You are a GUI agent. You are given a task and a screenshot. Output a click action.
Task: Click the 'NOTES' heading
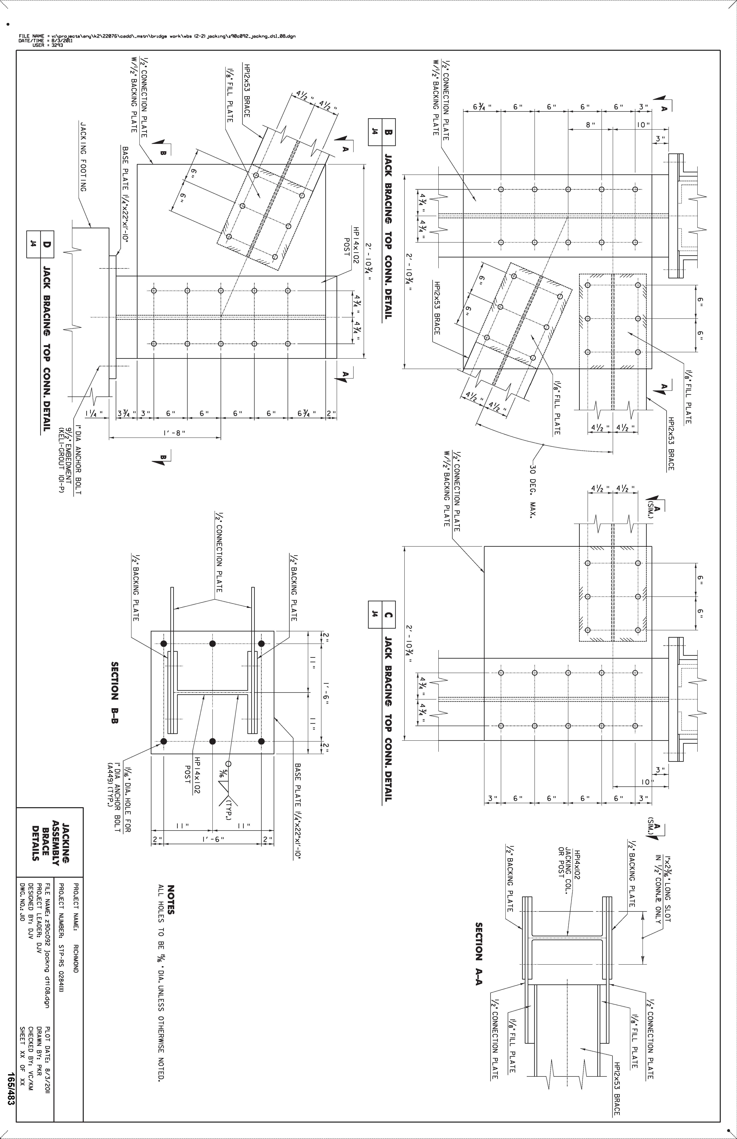(x=171, y=899)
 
